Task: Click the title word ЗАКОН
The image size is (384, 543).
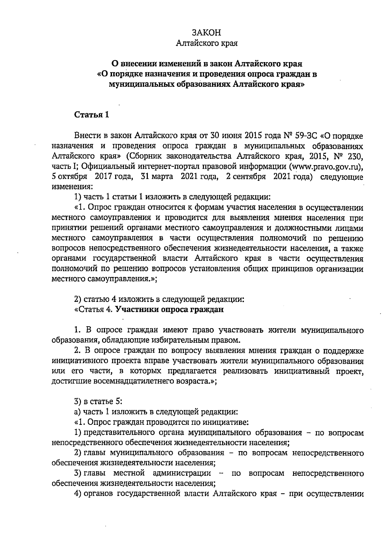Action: pyautogui.click(x=206, y=33)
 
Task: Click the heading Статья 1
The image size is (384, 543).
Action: pyautogui.click(x=92, y=115)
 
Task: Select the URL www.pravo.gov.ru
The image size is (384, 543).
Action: pyautogui.click(x=326, y=166)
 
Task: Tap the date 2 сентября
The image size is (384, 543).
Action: pyautogui.click(x=246, y=177)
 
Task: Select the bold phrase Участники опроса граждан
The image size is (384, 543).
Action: pyautogui.click(x=169, y=310)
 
